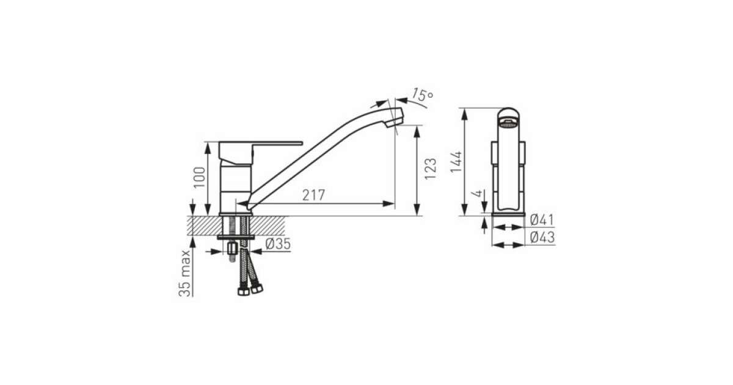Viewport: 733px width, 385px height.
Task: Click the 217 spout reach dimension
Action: [x=313, y=195]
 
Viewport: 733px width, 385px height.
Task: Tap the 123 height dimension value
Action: [x=431, y=169]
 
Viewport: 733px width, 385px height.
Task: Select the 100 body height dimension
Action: [x=199, y=177]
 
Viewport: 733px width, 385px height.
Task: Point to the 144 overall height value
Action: [x=456, y=162]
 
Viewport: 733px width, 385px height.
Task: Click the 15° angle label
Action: [x=422, y=95]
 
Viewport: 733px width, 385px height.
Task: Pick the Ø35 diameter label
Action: [x=278, y=244]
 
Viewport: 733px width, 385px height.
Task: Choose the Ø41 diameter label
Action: [x=542, y=219]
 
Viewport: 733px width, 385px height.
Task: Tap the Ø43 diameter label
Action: [x=542, y=237]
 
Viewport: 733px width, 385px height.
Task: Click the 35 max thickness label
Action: [x=184, y=273]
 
